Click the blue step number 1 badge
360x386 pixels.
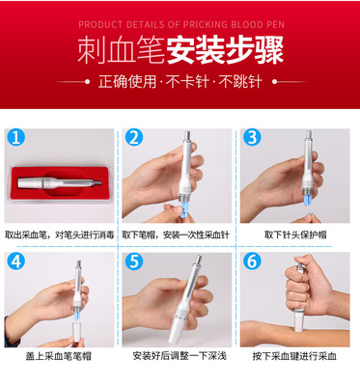pos(15,138)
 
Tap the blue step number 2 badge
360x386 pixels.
pos(134,138)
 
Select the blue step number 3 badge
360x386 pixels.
pos(252,138)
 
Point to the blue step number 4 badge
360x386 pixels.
pos(15,262)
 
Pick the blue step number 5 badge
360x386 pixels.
pos(134,262)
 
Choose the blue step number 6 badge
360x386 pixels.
pos(252,262)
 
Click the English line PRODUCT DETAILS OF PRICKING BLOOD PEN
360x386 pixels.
pos(181,25)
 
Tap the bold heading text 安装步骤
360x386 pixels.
pos(225,50)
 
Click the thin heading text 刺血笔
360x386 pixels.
pos(121,50)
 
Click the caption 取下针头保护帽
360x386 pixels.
pos(295,234)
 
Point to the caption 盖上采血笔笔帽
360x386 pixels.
pos(58,356)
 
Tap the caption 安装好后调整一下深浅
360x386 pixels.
pos(180,356)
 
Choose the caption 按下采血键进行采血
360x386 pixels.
pos(294,356)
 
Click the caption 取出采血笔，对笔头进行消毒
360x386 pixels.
pos(60,235)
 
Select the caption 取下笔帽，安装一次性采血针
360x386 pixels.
pos(176,235)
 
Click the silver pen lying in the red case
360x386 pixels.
pos(60,182)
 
